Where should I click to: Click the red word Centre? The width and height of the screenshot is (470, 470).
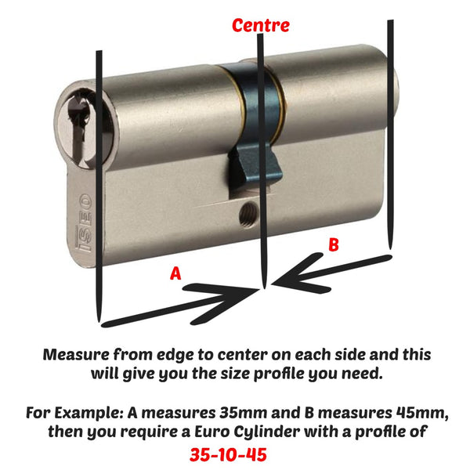260,25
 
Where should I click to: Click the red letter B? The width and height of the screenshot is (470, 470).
333,245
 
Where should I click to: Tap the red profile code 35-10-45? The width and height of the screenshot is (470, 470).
234,453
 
